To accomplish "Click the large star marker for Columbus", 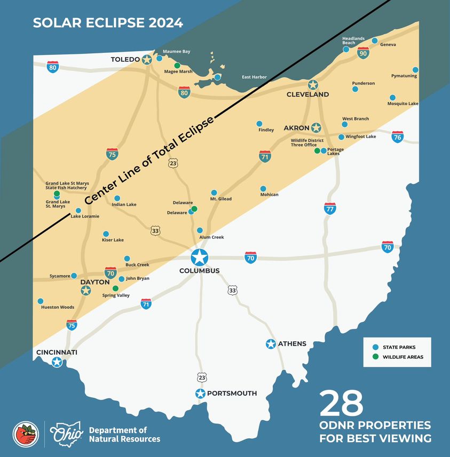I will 199,257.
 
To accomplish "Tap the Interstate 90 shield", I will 363,52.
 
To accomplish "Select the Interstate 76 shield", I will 397,137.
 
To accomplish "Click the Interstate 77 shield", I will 330,209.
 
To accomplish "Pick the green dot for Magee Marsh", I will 177,65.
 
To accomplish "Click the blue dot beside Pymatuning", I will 415,70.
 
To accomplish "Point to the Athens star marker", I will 271,344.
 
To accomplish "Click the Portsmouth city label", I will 232,394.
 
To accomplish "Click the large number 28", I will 342,404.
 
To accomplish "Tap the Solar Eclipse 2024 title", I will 108,23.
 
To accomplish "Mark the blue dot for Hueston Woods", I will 40,301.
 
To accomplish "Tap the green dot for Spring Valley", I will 115,288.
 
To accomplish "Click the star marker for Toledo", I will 147,60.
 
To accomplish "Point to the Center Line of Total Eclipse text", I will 149,159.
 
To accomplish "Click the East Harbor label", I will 254,77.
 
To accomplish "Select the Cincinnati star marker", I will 57,363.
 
